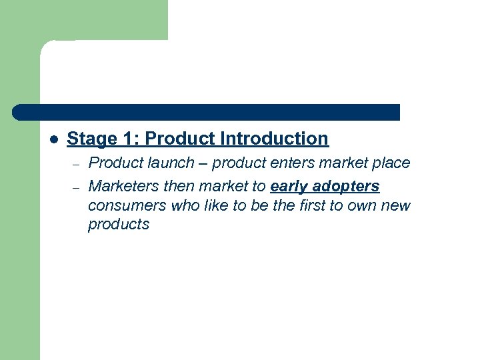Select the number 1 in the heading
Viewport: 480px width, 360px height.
tap(128, 139)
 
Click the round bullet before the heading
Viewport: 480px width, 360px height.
tap(55, 139)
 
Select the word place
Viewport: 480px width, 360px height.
tap(392, 163)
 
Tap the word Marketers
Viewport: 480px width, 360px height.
tap(121, 186)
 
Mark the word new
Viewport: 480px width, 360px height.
tap(399, 205)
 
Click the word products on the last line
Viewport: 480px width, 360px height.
tap(119, 225)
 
